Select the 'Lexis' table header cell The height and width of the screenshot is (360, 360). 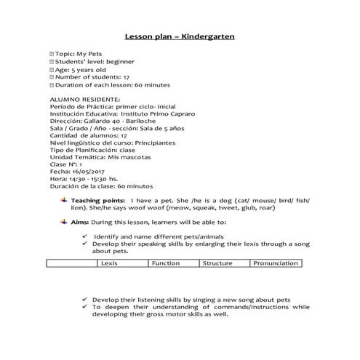pyautogui.click(x=110, y=263)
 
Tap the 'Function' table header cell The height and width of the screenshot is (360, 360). pyautogui.click(x=165, y=263)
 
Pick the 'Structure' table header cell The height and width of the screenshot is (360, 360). pyautogui.click(x=217, y=263)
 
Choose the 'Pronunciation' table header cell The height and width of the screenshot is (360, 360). pyautogui.click(x=276, y=263)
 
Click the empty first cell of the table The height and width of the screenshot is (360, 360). pyautogui.click(x=71, y=263)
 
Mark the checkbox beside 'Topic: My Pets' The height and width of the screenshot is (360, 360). pyautogui.click(x=52, y=55)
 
